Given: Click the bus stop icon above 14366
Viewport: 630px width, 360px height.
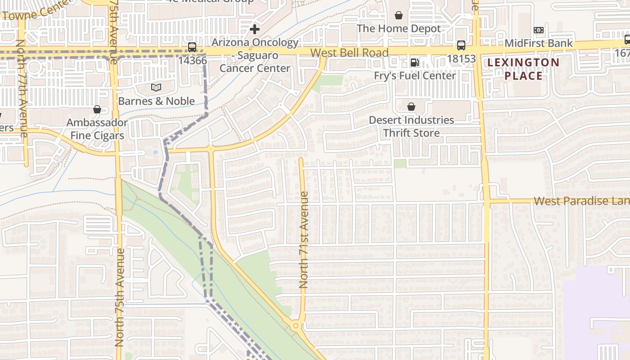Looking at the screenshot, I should click(x=192, y=47).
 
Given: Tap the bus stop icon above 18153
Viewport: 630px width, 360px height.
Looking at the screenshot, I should click(x=461, y=45).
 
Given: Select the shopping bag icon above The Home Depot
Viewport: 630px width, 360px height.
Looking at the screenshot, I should click(x=399, y=16).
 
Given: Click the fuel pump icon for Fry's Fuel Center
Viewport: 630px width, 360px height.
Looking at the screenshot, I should click(x=414, y=63).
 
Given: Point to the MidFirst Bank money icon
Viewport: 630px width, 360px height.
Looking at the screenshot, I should click(x=539, y=30).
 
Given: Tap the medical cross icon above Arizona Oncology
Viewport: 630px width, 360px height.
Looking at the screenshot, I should click(x=255, y=30).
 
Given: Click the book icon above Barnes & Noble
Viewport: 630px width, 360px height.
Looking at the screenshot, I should click(x=156, y=87).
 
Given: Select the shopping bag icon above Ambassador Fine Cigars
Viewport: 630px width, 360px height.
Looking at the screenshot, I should click(x=97, y=109).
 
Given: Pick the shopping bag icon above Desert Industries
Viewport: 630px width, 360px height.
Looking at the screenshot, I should click(x=411, y=107).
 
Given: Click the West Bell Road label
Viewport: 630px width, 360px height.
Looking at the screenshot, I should click(x=349, y=53).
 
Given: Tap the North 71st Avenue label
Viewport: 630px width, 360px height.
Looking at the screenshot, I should click(x=304, y=240).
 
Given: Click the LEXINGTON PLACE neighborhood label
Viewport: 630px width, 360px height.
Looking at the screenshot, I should click(x=523, y=69).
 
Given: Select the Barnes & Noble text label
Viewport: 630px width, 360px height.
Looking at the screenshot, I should click(x=156, y=101).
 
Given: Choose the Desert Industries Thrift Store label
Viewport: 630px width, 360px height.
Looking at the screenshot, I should click(x=411, y=126).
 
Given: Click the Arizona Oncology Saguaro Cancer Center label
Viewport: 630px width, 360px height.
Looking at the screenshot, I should click(x=255, y=55).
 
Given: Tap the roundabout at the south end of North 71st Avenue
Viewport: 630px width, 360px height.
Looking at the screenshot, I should click(x=296, y=325).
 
